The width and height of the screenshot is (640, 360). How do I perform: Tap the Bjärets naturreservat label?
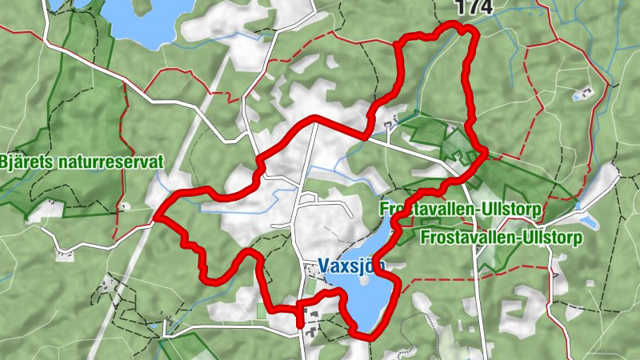pyautogui.click(x=82, y=162)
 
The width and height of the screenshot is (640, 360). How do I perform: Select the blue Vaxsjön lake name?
pyautogui.click(x=351, y=264)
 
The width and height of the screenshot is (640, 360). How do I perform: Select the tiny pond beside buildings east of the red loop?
pyautogui.click(x=578, y=96)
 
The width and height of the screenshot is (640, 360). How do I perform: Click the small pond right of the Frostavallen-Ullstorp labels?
pyautogui.click(x=588, y=221)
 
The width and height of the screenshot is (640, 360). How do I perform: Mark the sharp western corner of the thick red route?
pyautogui.click(x=155, y=217)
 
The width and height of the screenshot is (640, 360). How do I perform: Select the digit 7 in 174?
pyautogui.click(x=474, y=7)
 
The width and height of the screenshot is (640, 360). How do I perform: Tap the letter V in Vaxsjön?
pyautogui.click(x=324, y=264)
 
